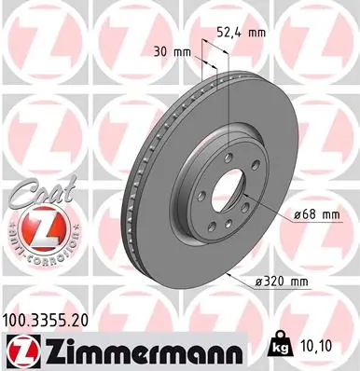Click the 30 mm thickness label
pyautogui.click(x=164, y=52)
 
